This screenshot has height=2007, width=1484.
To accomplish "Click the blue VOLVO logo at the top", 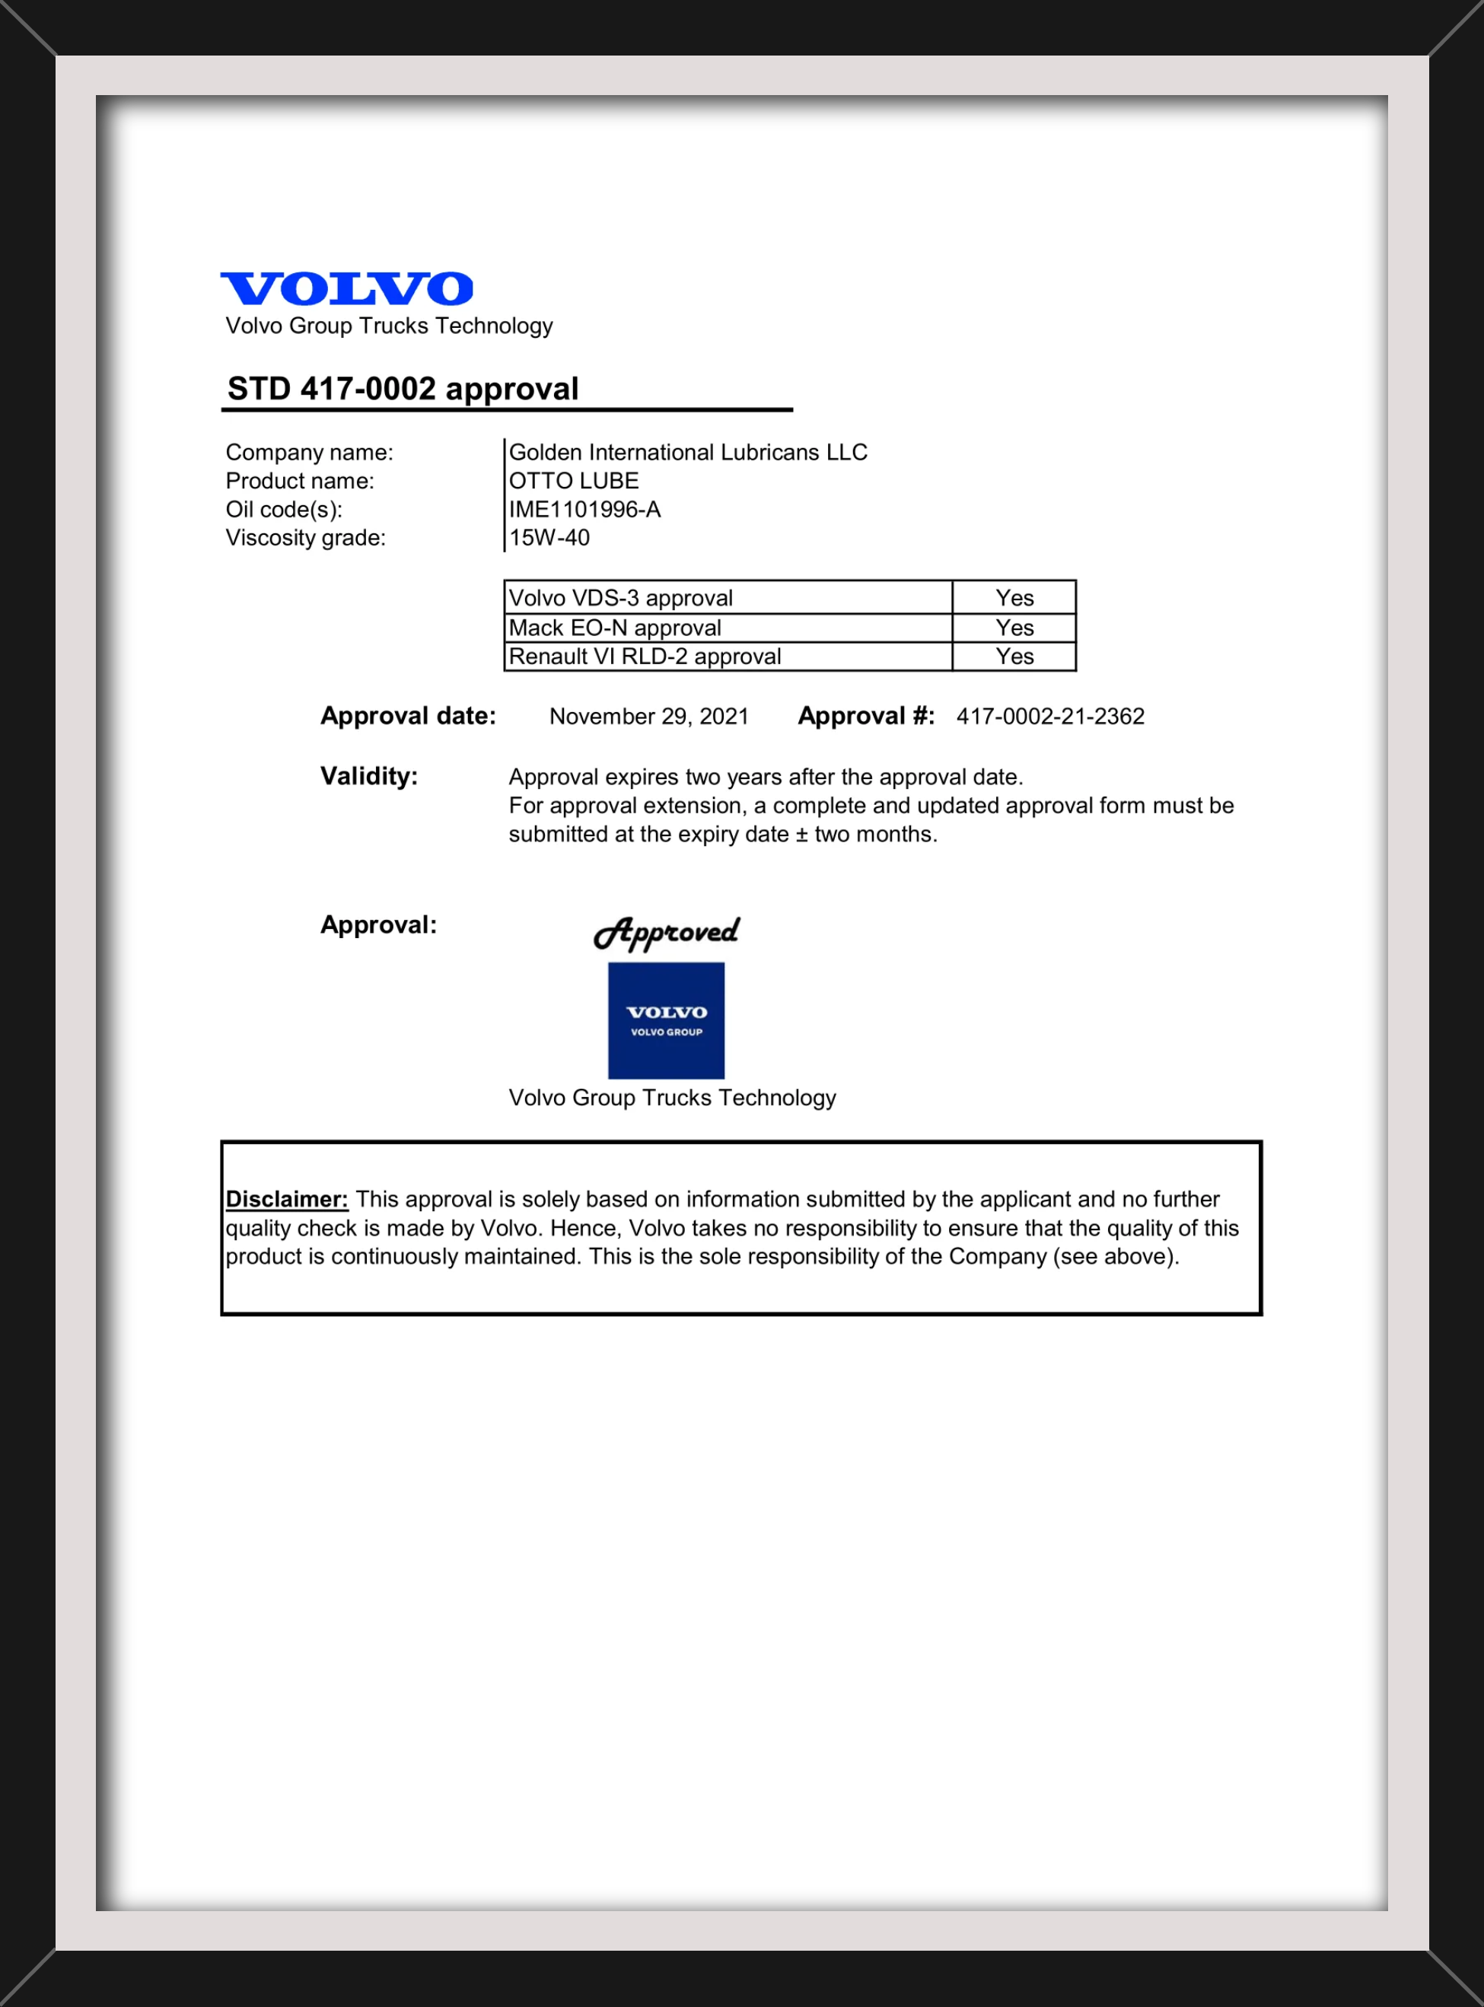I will point(347,288).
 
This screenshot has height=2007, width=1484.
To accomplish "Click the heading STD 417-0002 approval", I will point(403,389).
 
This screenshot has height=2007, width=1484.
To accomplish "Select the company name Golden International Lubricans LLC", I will point(687,453).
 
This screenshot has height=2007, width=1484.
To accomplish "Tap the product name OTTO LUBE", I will point(573,482).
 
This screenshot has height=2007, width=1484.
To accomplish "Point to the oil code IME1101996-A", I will point(584,510).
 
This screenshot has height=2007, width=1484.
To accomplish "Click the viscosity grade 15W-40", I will point(549,538).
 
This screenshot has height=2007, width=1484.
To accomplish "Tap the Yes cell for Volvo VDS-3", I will point(1014,598).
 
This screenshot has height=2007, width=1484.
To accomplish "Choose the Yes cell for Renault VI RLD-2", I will point(1014,657).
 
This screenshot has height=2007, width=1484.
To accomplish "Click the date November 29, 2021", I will point(648,717).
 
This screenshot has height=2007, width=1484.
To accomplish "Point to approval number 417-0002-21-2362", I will point(1049,717).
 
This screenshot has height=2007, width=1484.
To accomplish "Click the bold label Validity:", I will point(369,776).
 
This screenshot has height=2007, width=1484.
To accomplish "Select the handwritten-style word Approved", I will point(666,933).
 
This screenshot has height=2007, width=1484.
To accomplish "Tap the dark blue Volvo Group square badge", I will point(666,1020).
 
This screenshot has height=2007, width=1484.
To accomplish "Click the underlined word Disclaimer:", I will point(287,1199).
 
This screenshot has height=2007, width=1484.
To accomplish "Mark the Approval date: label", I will point(408,716).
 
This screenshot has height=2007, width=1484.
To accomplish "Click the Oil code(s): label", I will point(284,510).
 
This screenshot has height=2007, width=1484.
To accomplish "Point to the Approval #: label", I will point(866,716).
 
